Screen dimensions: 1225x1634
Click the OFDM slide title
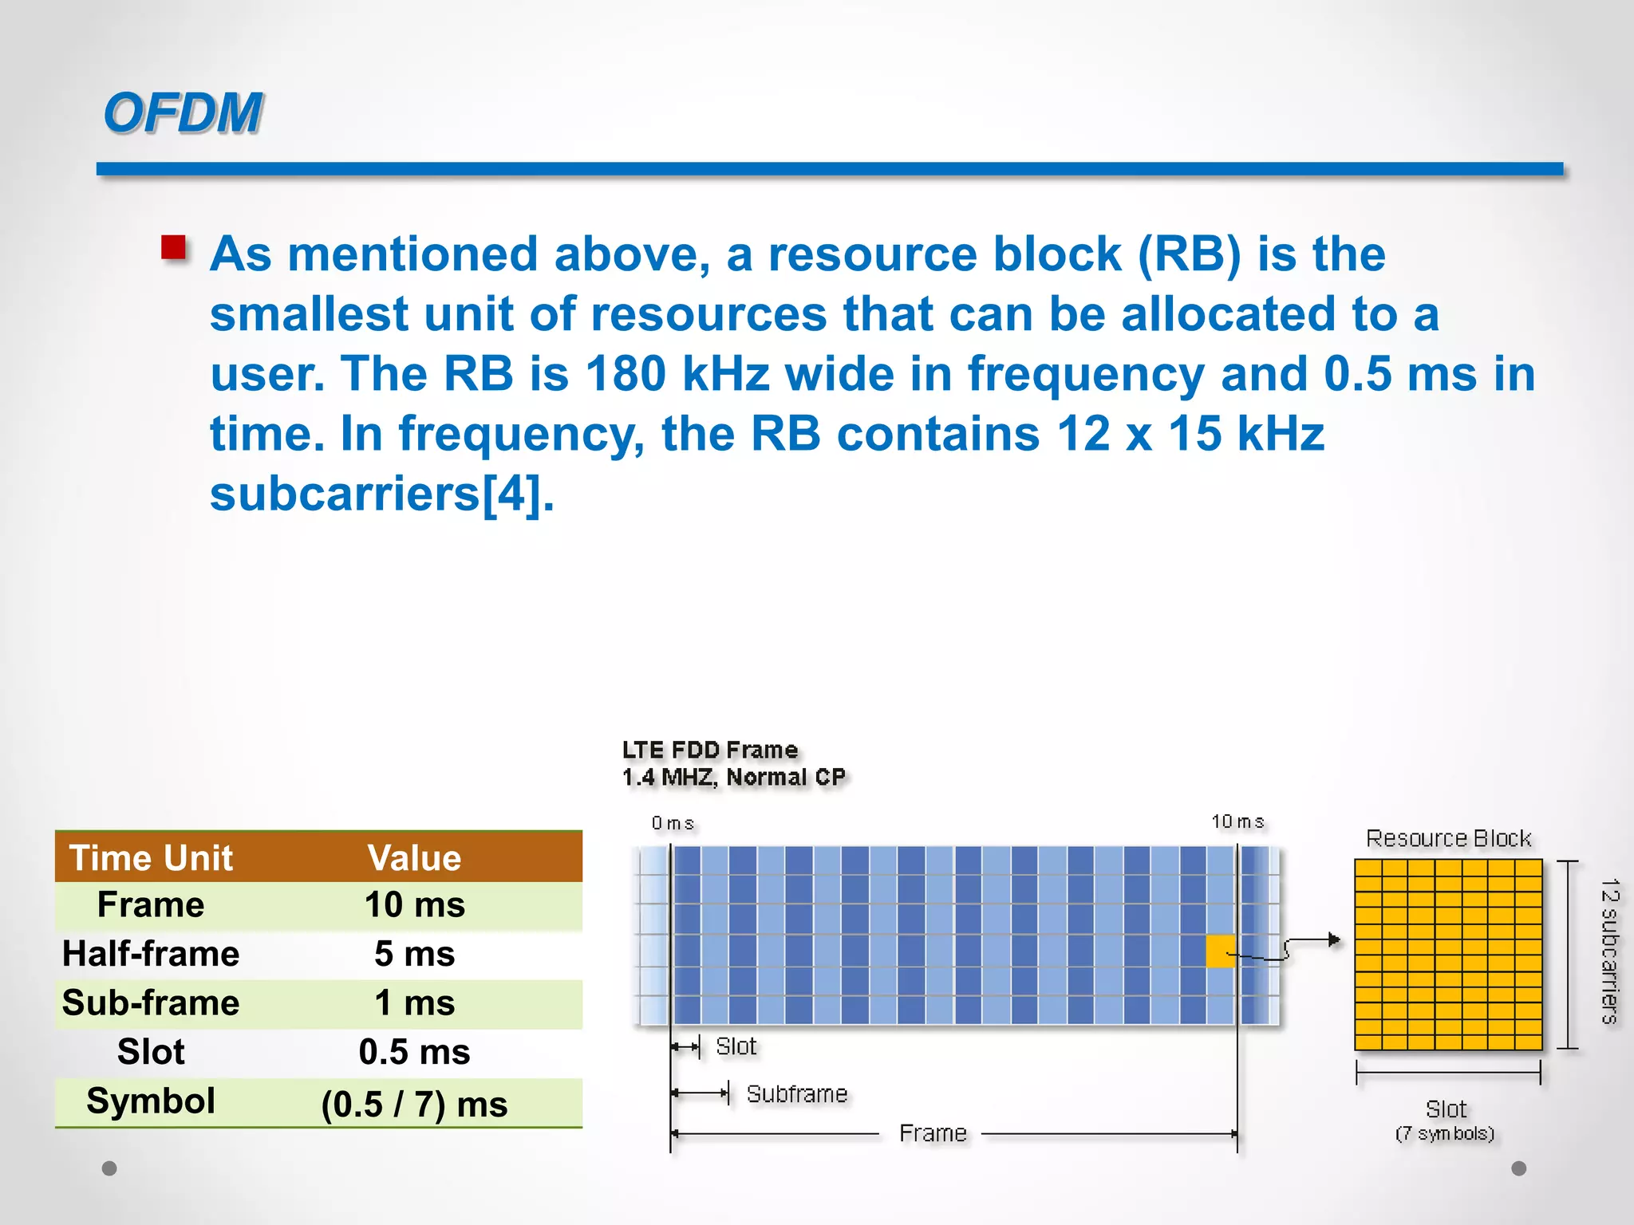[x=183, y=112]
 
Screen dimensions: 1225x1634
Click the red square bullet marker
[x=173, y=248]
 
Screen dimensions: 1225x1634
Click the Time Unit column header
[x=151, y=858]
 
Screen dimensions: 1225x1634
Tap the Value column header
[x=414, y=858]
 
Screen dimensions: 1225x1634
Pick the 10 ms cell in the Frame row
[x=414, y=905]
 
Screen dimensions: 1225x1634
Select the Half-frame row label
[x=151, y=954]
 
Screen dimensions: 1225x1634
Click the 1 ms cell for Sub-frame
[x=414, y=1002]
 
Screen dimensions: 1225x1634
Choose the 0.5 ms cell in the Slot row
[x=414, y=1052]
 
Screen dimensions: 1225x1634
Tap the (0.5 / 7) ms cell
[x=414, y=1104]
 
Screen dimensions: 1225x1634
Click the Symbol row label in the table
[x=151, y=1101]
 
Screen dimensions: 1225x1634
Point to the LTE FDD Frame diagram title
[x=710, y=750]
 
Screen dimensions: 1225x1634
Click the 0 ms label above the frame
[x=673, y=823]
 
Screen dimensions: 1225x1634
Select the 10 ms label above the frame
[x=1237, y=821]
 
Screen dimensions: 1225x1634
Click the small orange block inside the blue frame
[x=1220, y=951]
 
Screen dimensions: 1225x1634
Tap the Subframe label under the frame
[x=797, y=1093]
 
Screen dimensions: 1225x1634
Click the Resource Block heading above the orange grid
[x=1448, y=838]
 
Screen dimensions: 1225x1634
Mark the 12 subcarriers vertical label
[x=1609, y=951]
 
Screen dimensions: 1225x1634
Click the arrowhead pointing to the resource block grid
[x=1335, y=940]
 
